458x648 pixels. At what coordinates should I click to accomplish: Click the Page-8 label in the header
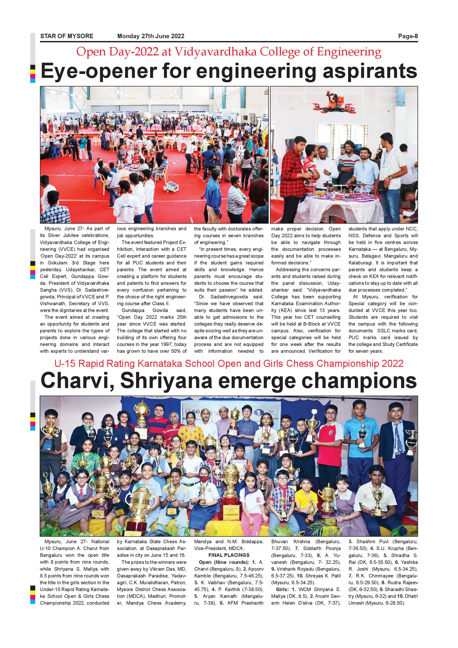click(x=408, y=36)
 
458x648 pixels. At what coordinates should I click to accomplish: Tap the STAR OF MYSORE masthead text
click(x=67, y=36)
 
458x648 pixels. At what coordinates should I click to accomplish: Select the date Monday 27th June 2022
click(x=151, y=36)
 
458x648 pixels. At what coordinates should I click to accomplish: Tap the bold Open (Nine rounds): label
click(x=223, y=562)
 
